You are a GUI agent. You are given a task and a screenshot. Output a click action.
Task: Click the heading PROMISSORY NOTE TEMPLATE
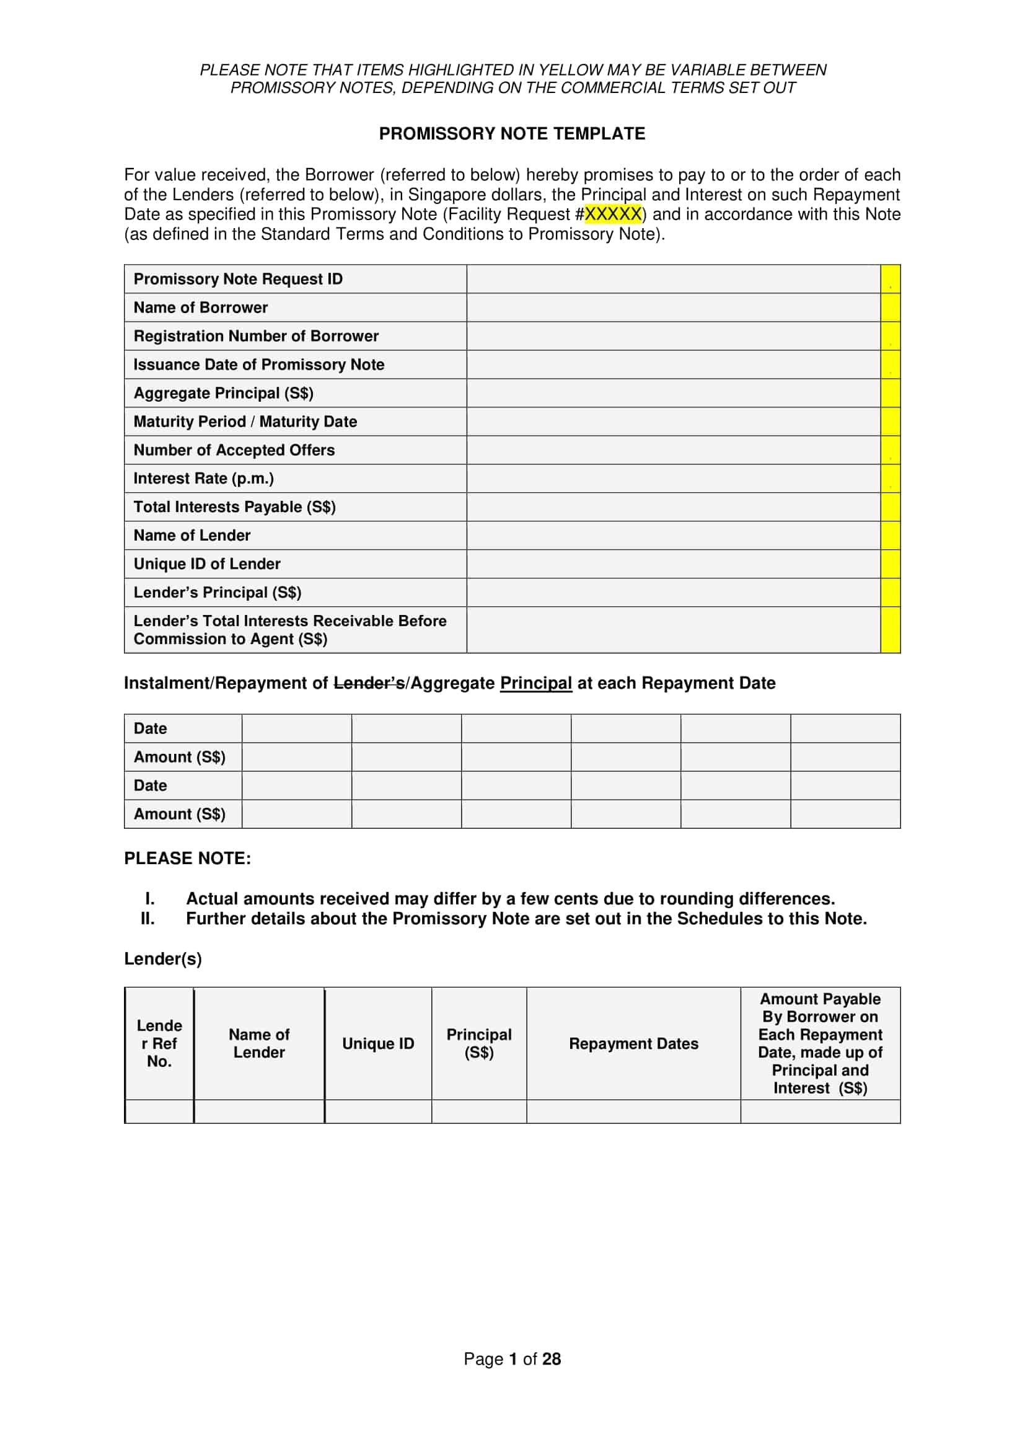[512, 134]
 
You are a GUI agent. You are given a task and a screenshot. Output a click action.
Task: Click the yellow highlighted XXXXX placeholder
[613, 214]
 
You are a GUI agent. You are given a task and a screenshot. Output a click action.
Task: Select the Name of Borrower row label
[201, 307]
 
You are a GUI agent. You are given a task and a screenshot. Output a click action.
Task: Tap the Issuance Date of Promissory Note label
[259, 365]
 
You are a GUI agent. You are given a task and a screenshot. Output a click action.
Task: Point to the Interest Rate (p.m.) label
[204, 479]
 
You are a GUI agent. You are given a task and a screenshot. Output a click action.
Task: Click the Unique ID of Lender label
[207, 564]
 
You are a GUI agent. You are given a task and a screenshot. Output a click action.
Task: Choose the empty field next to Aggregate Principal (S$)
[673, 393]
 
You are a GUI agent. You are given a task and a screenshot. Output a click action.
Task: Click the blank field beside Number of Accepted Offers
[673, 450]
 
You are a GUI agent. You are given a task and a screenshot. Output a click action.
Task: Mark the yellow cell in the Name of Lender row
[890, 536]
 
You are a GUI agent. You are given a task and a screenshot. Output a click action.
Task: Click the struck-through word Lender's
[369, 683]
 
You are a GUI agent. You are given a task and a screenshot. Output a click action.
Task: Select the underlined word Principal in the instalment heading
[536, 683]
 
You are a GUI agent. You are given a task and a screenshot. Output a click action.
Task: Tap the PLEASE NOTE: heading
[187, 858]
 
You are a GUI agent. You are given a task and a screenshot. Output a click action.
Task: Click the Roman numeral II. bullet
[147, 918]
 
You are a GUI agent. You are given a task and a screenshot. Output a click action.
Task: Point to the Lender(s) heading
[163, 958]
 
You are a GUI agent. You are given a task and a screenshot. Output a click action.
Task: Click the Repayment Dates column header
[633, 1043]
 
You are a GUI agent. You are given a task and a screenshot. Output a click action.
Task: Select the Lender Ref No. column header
[159, 1043]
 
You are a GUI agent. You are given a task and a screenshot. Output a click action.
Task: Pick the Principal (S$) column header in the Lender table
[479, 1043]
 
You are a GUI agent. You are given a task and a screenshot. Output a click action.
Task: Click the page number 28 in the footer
[551, 1359]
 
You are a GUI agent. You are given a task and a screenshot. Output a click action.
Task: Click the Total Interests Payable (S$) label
[234, 507]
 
